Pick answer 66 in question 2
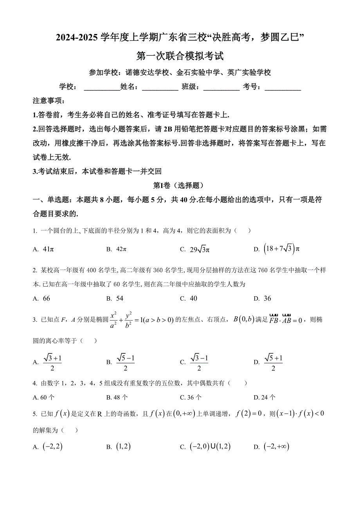point(46,298)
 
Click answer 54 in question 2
point(119,298)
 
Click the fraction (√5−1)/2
point(125,362)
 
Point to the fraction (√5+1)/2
point(273,362)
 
